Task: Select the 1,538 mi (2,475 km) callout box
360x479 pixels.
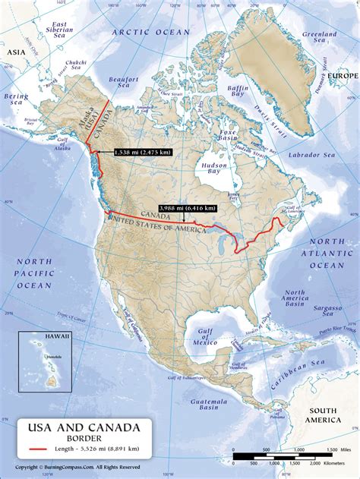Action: coord(142,152)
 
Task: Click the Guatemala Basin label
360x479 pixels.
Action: coord(198,404)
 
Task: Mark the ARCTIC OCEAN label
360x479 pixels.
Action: coord(150,32)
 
